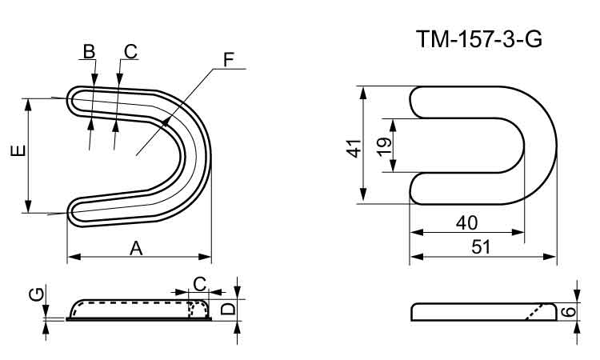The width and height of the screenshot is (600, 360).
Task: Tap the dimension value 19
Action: [382, 145]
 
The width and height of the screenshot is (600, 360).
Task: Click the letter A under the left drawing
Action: [136, 249]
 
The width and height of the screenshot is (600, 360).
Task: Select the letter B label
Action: [89, 51]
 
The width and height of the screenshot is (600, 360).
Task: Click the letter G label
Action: [35, 295]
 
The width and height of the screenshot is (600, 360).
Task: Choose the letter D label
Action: [227, 309]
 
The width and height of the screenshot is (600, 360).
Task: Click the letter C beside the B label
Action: [130, 51]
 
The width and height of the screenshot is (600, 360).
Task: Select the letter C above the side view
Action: [200, 282]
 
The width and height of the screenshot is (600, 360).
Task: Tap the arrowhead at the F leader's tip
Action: [166, 121]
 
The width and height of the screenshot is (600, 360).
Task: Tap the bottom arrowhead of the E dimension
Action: [29, 207]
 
